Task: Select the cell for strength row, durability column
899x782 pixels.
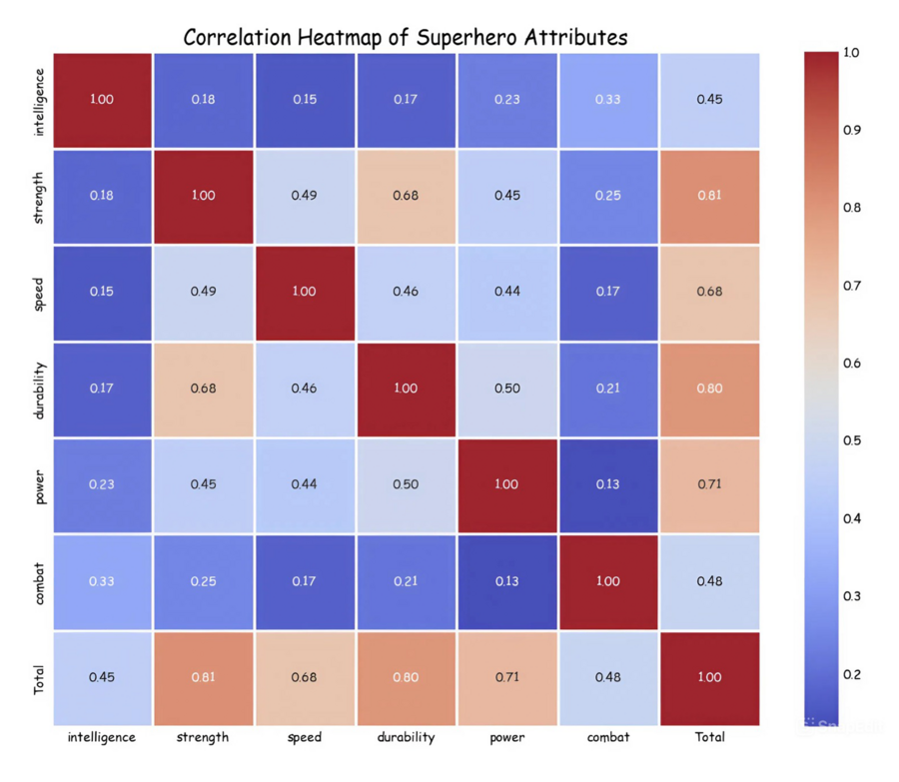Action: click(406, 196)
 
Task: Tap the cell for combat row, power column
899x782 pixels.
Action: click(507, 581)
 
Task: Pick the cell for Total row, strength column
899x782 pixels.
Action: click(203, 677)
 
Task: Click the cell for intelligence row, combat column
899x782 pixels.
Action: click(608, 99)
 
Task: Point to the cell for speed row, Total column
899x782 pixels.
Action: click(710, 292)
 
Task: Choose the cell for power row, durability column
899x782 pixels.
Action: click(406, 484)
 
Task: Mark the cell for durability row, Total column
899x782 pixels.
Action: click(710, 389)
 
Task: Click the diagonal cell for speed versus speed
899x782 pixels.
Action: click(304, 292)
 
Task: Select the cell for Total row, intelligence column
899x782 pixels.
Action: click(101, 677)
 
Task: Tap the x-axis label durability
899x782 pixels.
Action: click(406, 737)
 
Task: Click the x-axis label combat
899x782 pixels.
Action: click(608, 737)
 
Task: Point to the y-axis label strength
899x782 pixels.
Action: click(39, 196)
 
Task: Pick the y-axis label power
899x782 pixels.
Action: click(39, 484)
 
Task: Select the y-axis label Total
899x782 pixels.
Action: click(39, 677)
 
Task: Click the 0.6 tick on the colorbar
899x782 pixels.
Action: click(851, 364)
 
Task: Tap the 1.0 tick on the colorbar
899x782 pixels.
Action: click(851, 52)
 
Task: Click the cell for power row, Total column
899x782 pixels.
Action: click(710, 484)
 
